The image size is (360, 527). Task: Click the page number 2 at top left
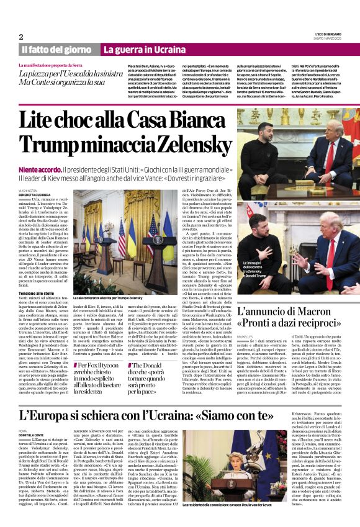[21, 37]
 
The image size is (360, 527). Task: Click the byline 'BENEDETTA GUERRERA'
[35, 196]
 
